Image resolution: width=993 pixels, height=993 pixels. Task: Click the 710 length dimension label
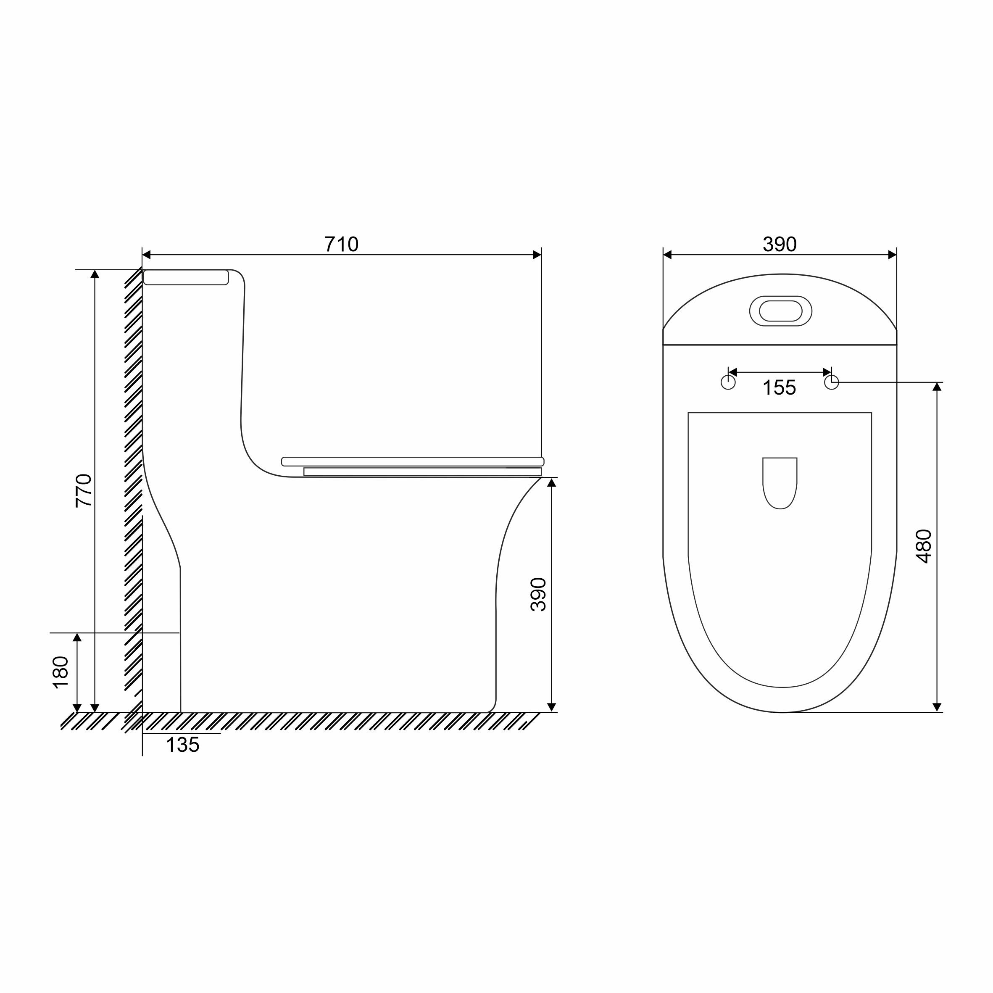[341, 244]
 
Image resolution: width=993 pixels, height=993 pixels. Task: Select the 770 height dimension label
[84, 491]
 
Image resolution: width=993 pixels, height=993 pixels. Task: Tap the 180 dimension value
[61, 672]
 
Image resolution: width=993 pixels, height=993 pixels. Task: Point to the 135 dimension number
[182, 745]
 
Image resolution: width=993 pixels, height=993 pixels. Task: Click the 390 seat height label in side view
[538, 594]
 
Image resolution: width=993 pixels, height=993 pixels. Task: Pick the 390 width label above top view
[780, 244]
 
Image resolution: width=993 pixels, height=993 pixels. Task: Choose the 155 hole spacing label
[779, 387]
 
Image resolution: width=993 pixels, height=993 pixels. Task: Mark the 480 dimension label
[924, 546]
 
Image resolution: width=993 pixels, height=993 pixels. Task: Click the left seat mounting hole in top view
[728, 382]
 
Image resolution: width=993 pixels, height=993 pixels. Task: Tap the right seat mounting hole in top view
[832, 382]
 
